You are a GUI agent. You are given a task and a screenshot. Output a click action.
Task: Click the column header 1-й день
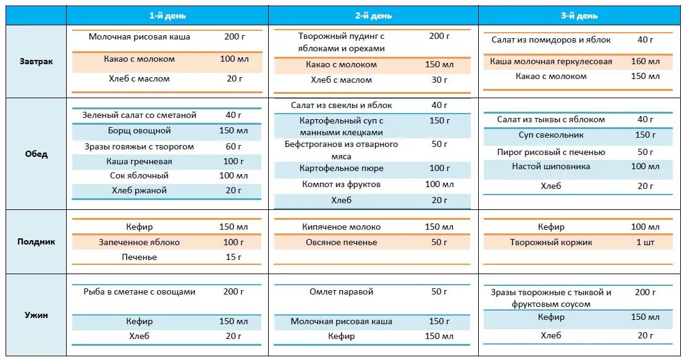167,15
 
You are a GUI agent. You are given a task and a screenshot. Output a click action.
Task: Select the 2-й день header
373,15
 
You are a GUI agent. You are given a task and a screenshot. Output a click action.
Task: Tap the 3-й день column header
579,15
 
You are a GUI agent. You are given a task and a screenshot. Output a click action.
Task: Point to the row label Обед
35,154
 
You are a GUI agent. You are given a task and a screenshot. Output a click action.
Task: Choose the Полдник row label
35,241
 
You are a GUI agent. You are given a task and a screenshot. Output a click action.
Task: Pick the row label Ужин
35,315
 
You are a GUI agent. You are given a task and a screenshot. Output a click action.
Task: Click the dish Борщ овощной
139,131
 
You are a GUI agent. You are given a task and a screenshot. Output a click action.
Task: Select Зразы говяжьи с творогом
139,146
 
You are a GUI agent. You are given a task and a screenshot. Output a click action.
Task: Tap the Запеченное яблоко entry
139,242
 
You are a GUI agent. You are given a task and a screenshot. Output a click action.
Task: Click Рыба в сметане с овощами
139,291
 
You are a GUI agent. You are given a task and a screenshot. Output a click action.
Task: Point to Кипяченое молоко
341,227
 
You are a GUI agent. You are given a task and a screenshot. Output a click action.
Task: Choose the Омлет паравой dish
341,291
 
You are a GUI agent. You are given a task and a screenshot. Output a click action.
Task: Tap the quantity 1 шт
646,242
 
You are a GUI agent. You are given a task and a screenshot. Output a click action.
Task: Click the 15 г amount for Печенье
234,257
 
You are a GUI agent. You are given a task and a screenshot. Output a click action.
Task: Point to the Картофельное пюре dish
341,168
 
